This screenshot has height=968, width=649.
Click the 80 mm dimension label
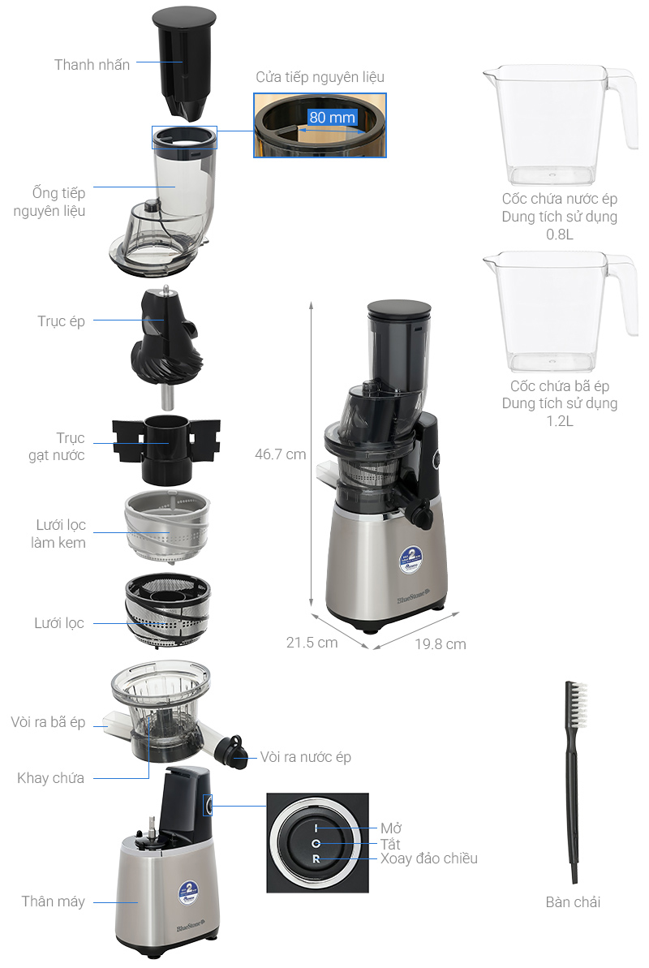coord(333,118)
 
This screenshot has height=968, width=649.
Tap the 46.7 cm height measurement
coord(281,454)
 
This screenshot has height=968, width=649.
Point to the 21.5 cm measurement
coord(312,643)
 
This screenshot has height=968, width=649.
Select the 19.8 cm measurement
coord(441,644)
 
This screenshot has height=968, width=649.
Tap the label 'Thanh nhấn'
coord(92,65)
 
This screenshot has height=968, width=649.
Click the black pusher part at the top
coord(184,62)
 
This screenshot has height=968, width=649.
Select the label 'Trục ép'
coord(61,321)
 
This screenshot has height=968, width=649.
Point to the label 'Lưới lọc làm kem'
coord(59,534)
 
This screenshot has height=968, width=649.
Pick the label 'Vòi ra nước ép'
coord(306,758)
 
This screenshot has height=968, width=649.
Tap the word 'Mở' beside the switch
coord(391,828)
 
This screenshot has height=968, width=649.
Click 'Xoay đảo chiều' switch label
coord(429,858)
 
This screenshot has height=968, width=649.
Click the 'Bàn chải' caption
coord(573,902)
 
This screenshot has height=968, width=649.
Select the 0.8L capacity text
coord(560,234)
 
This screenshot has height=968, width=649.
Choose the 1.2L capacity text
coord(560,421)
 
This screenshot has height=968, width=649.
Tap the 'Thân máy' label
coord(53,902)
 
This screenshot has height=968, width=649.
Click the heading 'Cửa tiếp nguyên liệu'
coord(320,77)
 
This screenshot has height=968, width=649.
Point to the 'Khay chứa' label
coord(50,778)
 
